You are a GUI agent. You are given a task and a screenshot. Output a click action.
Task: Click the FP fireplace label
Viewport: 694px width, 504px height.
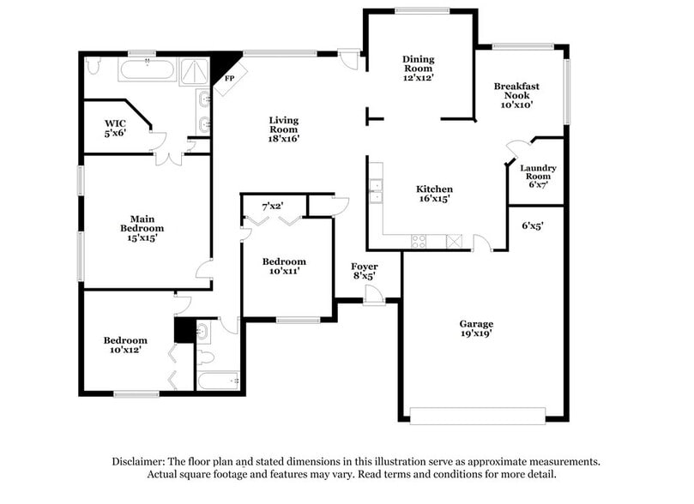(228, 78)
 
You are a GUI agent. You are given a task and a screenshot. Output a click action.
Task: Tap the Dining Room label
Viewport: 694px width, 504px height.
(419, 68)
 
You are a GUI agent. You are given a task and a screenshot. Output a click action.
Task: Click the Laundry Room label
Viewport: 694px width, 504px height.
(538, 176)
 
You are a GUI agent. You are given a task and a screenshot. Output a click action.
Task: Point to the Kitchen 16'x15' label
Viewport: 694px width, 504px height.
(434, 194)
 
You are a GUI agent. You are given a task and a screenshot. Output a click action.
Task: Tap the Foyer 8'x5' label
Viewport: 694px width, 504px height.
(365, 272)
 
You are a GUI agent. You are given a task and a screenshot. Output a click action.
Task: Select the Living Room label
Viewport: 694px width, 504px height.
(284, 129)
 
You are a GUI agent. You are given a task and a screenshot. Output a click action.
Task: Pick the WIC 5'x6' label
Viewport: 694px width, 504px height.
(115, 129)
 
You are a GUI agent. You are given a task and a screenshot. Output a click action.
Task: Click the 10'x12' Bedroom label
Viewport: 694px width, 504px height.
(125, 345)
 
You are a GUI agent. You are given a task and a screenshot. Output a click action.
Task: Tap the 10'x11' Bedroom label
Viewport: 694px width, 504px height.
(283, 266)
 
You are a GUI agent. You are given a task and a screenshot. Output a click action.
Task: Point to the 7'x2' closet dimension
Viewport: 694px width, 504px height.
(272, 206)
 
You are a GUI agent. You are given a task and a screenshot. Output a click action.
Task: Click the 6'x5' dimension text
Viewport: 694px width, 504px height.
(533, 226)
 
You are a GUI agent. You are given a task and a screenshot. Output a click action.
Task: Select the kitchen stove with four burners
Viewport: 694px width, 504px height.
(419, 241)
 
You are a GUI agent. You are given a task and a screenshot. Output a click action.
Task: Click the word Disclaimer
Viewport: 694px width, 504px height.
(140, 461)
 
